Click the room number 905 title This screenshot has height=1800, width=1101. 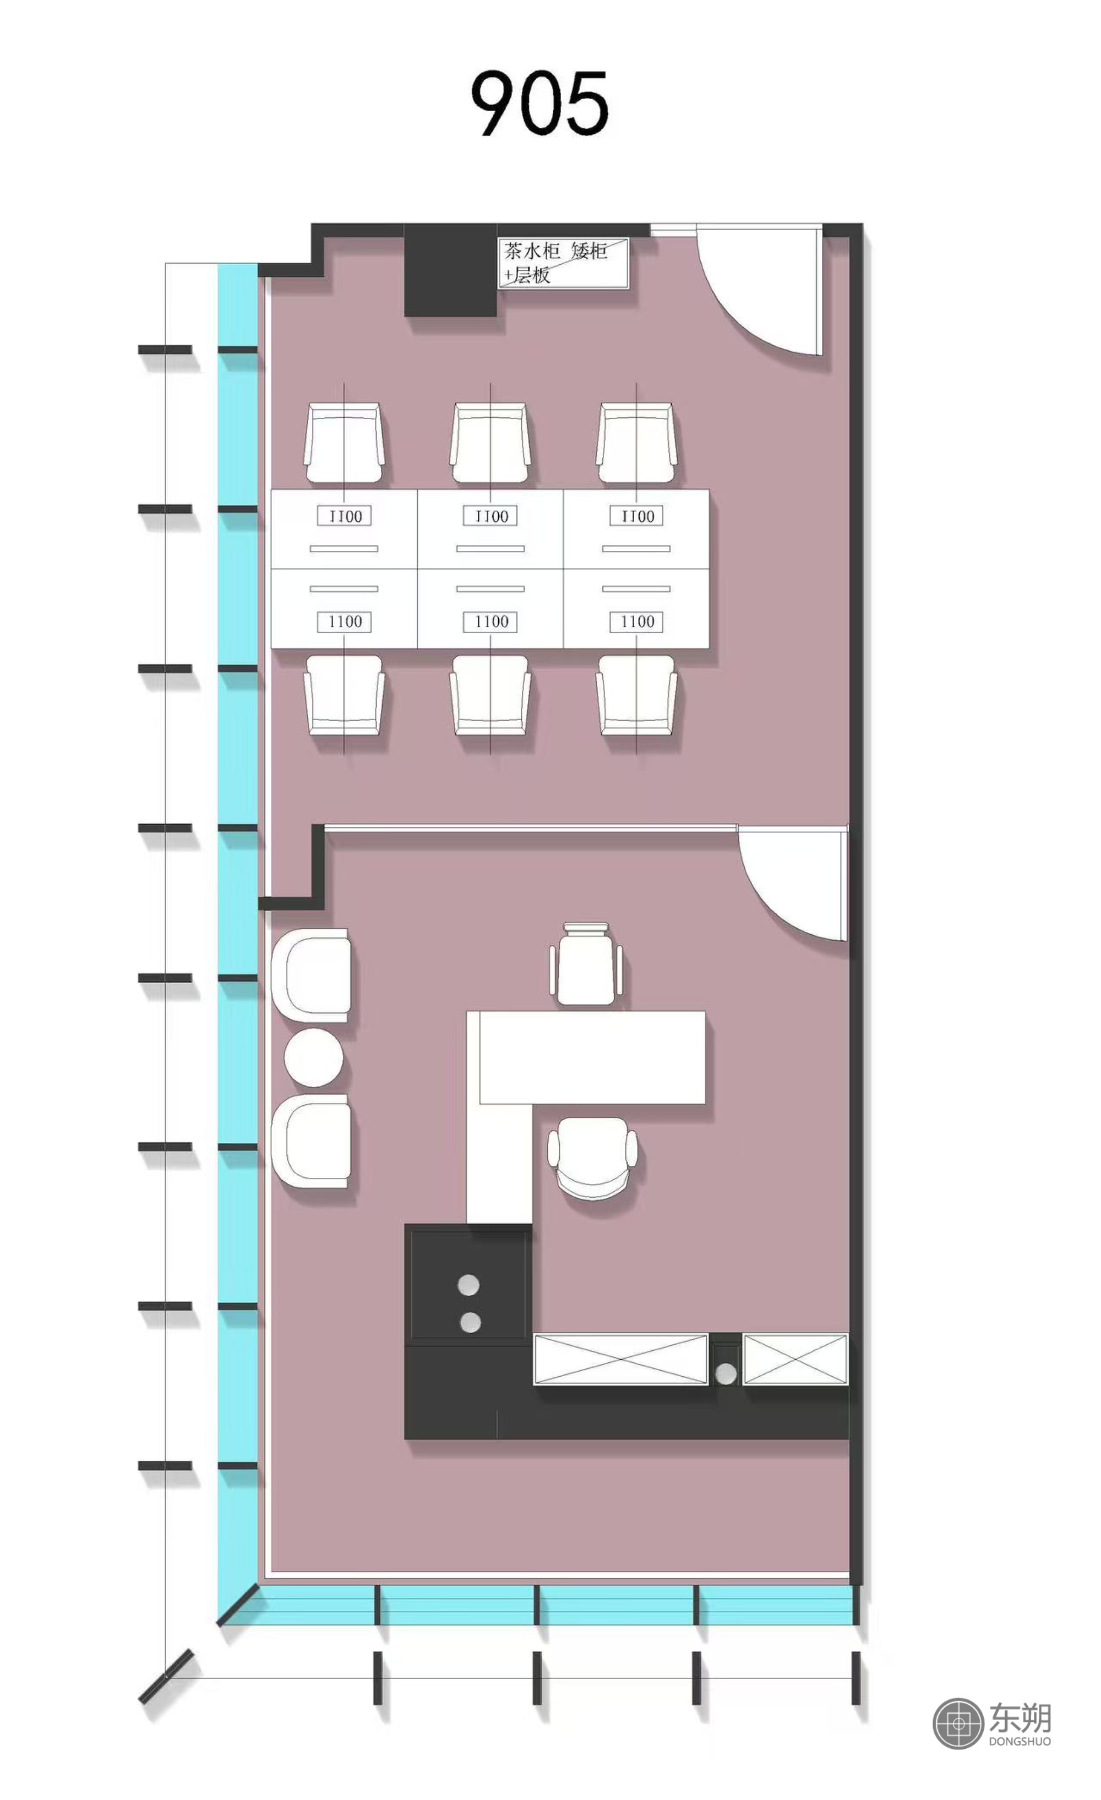(x=538, y=103)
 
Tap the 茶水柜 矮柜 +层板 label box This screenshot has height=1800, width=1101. (x=563, y=263)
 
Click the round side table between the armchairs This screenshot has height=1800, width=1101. (x=313, y=1057)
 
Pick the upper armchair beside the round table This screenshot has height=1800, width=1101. (x=310, y=976)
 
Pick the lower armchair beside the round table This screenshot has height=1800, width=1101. (x=310, y=1141)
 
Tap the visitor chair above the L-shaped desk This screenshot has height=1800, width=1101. (x=586, y=963)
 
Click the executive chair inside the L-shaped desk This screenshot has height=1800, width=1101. (x=592, y=1159)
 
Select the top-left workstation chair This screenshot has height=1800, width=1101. (x=344, y=444)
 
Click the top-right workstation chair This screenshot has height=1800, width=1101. (x=636, y=444)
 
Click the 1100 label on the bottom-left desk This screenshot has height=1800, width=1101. (x=344, y=621)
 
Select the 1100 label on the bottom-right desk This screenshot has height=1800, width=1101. (x=636, y=621)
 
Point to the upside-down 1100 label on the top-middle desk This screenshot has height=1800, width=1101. (x=490, y=516)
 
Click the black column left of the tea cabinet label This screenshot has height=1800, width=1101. (x=451, y=270)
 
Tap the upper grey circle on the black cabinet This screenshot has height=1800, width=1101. (x=468, y=1285)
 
